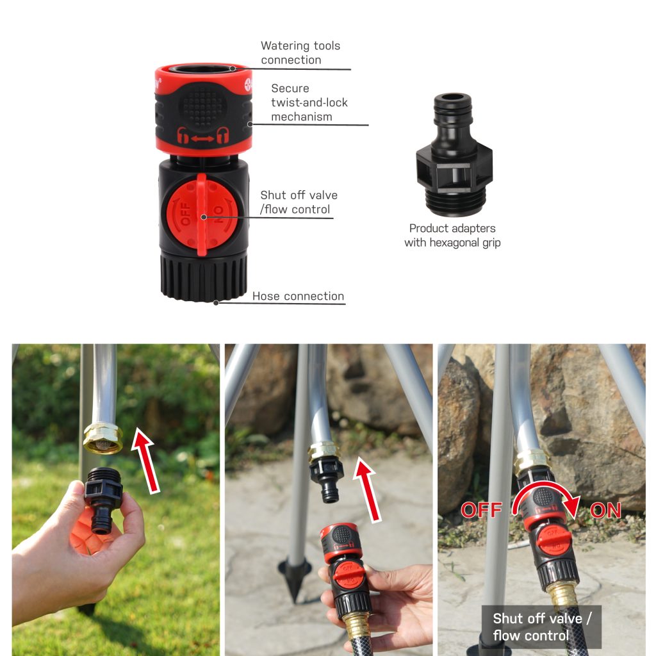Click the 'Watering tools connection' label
coord(300,53)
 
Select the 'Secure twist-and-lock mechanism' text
coord(309,102)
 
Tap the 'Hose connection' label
coord(298,297)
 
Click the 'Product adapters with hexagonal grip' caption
coord(452,235)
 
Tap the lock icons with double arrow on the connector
coord(203,136)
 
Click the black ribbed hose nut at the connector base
coord(203,279)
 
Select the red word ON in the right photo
coord(605,510)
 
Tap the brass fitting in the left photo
coord(102,439)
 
